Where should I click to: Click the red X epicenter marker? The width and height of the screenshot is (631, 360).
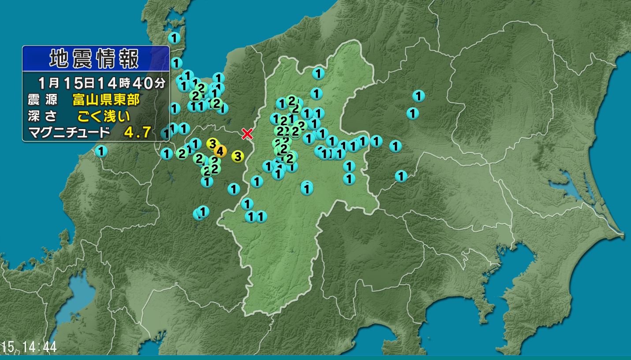click(247, 134)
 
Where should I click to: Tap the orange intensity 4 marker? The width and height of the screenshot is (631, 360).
click(220, 151)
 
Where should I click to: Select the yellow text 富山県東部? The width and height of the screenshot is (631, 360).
click(106, 100)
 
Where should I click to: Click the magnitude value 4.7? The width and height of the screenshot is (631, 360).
click(138, 132)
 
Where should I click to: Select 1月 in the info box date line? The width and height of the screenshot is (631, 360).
click(48, 82)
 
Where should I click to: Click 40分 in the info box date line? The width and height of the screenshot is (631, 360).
click(152, 82)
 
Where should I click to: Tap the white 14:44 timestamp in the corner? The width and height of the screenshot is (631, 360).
click(37, 347)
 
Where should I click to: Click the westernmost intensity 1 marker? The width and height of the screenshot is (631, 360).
click(101, 152)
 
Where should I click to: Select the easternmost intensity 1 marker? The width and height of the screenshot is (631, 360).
click(418, 95)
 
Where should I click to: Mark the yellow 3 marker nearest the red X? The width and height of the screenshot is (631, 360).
click(238, 156)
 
